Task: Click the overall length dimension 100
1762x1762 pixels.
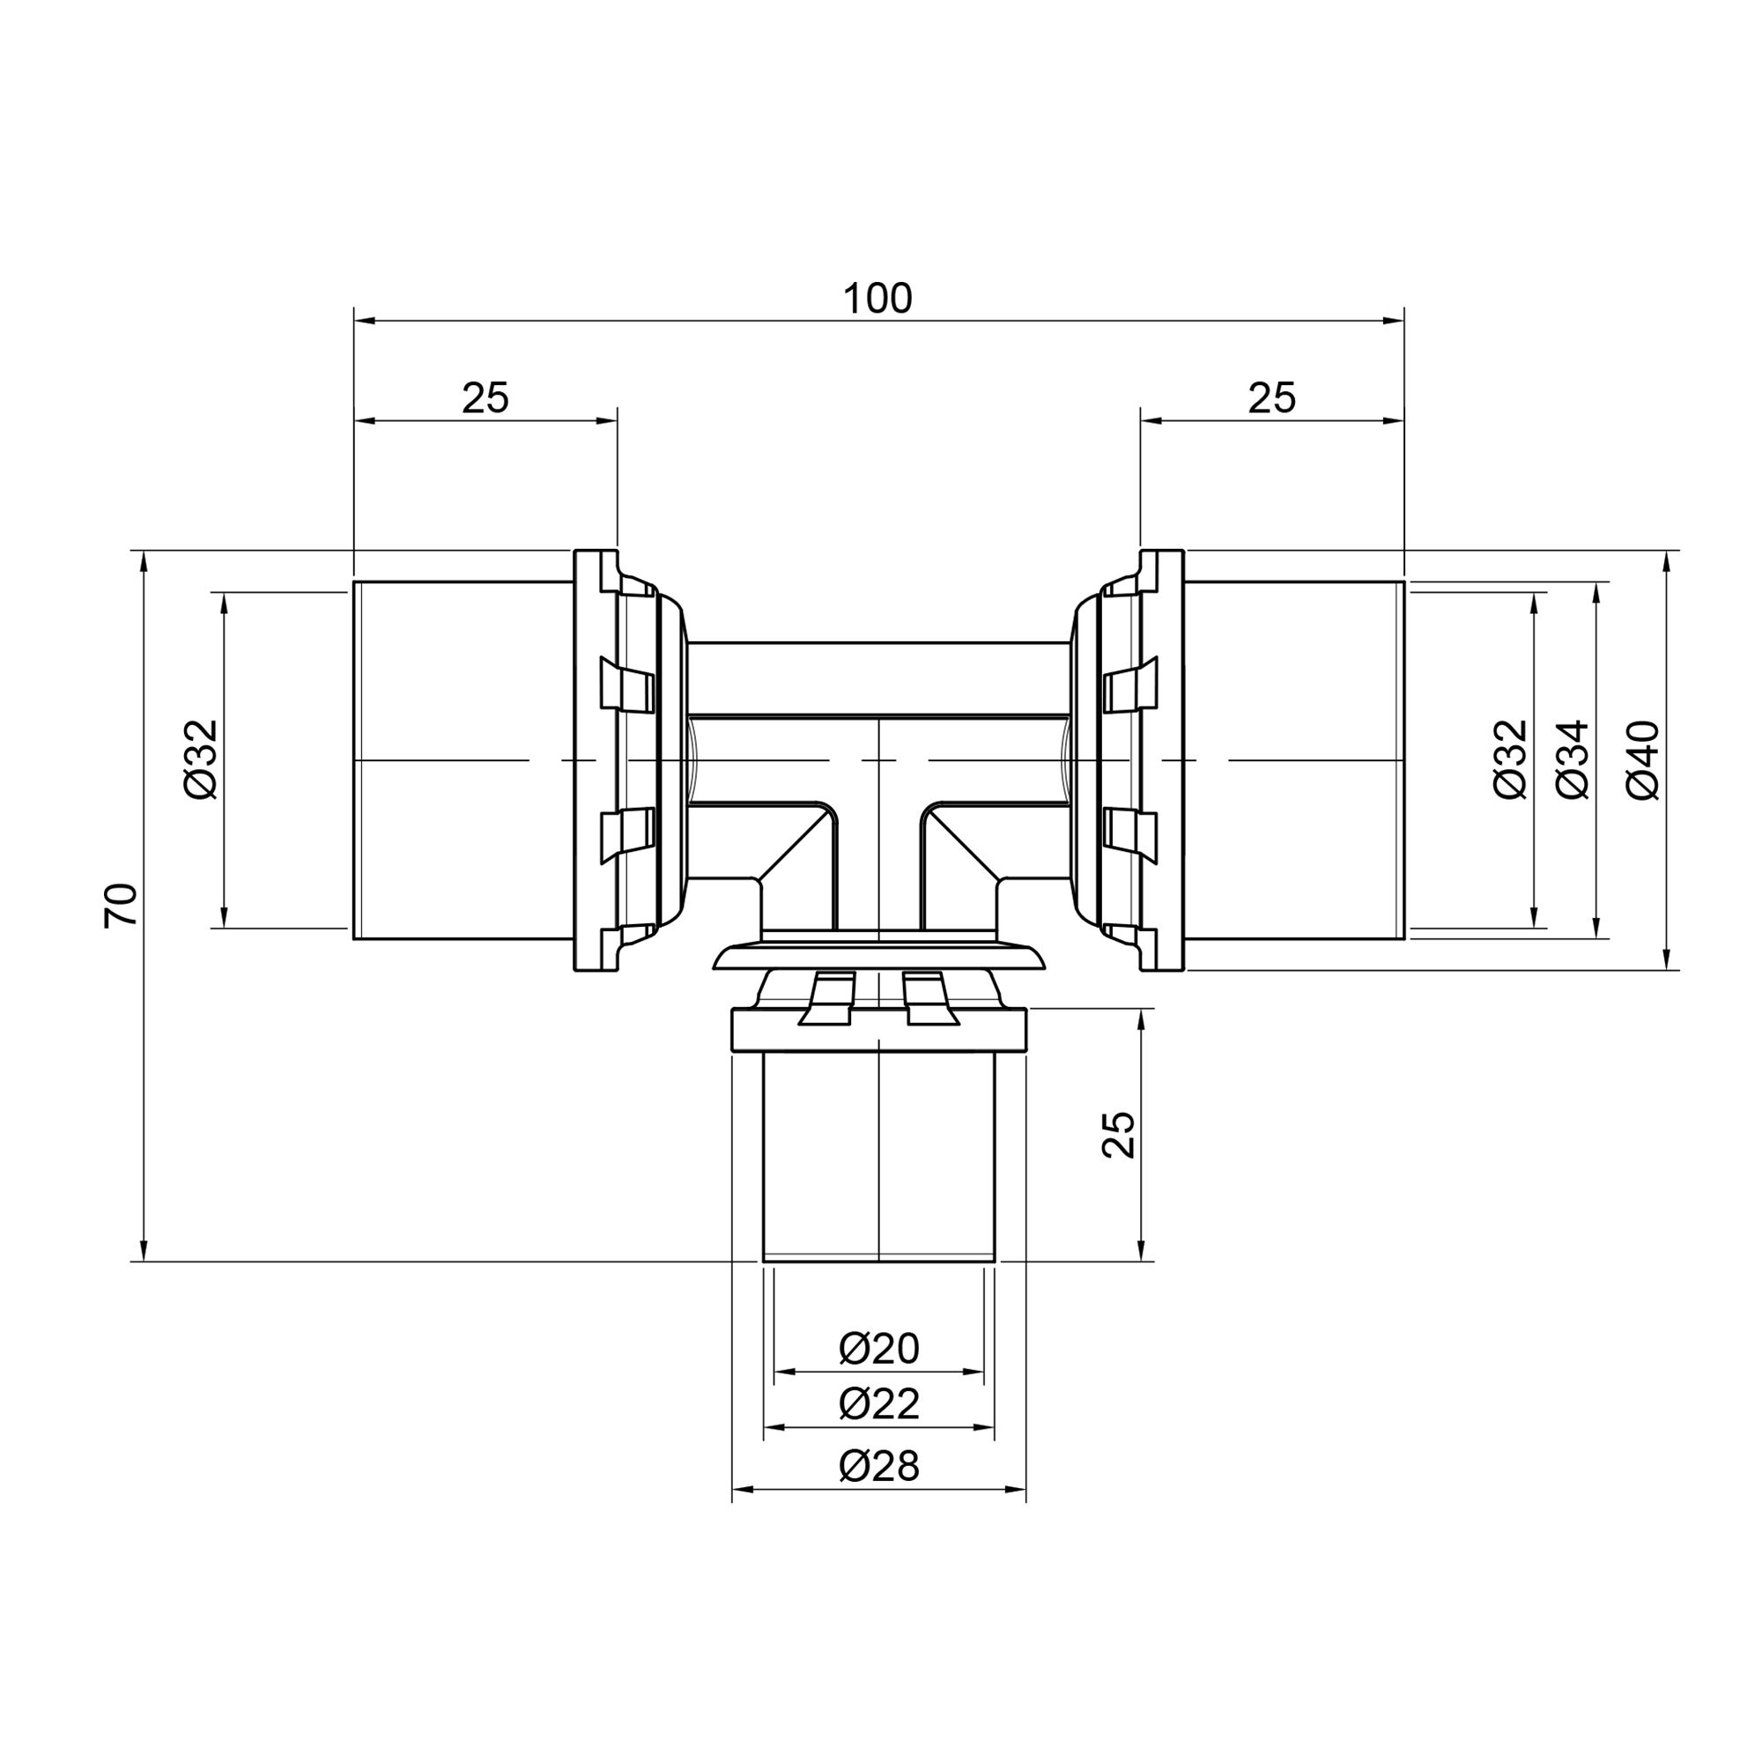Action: [x=877, y=300]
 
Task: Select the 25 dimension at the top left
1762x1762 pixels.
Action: [x=485, y=398]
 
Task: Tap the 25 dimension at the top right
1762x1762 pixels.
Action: [x=1271, y=398]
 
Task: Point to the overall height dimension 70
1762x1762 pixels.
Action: [x=122, y=906]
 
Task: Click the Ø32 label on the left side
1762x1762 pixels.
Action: [x=202, y=759]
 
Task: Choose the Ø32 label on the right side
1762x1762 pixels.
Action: [x=1510, y=759]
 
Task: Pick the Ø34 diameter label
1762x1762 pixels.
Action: [x=1573, y=759]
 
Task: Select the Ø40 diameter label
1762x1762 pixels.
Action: [x=1644, y=759]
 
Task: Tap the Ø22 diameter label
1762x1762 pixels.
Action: [x=878, y=1403]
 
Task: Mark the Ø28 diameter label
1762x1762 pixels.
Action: [x=878, y=1466]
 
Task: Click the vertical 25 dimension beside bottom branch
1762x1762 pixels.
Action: [x=1119, y=1135]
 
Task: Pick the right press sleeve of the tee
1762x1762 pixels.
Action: [x=1295, y=759]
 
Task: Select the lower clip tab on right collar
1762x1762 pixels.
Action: [x=1130, y=834]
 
